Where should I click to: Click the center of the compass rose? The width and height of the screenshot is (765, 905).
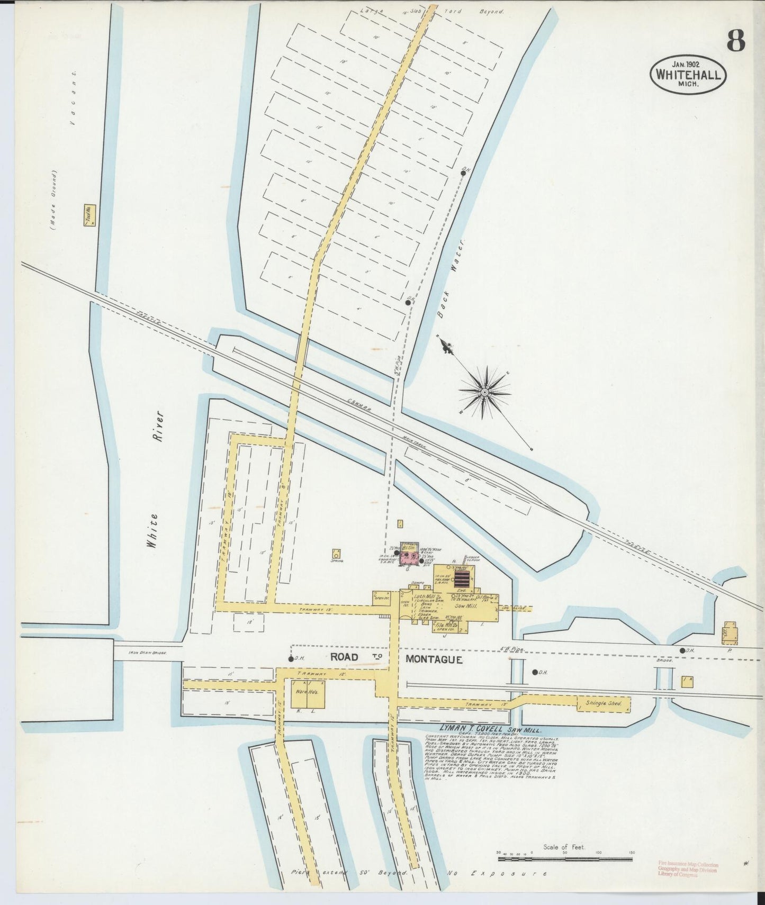tap(484, 392)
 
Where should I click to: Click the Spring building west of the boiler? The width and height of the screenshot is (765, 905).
tap(336, 554)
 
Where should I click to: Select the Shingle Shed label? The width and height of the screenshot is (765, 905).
tap(603, 704)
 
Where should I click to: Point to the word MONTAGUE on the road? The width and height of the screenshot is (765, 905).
tap(434, 659)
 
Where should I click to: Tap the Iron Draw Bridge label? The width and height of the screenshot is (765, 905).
tap(148, 653)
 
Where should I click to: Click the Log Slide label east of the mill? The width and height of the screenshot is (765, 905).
tap(520, 609)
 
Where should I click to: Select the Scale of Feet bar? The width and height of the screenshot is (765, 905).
tap(564, 860)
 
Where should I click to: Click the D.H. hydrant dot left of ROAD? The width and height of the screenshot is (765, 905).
tap(291, 659)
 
